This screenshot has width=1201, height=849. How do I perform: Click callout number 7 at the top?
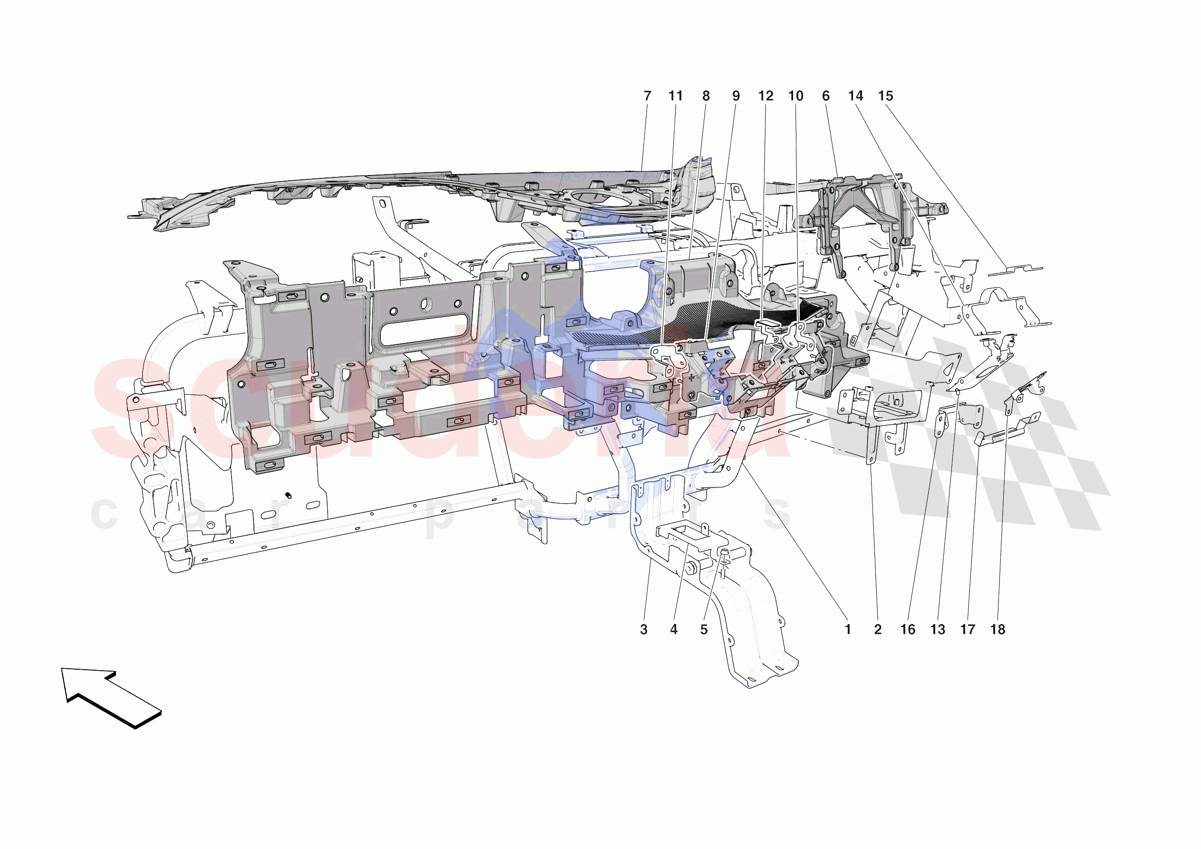click(647, 96)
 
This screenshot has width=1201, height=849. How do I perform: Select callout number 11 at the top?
click(675, 96)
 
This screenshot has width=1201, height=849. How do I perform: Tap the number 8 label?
click(706, 96)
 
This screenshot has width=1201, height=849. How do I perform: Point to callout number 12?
click(765, 96)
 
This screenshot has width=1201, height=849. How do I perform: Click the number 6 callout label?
click(825, 96)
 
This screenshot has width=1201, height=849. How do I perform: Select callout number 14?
click(855, 96)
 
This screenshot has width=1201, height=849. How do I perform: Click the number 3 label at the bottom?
click(643, 630)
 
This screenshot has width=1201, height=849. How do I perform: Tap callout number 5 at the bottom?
click(704, 630)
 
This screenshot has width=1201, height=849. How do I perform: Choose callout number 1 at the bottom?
click(848, 630)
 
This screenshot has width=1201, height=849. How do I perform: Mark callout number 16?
click(908, 630)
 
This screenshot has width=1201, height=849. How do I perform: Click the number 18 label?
click(998, 630)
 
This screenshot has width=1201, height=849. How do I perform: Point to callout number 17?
click(968, 630)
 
